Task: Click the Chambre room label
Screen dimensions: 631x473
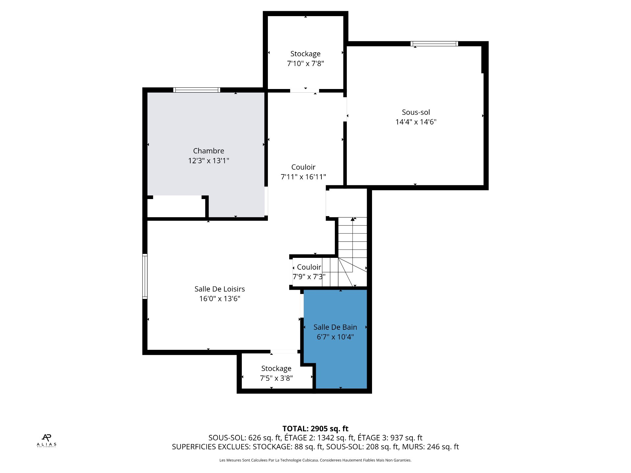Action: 208,151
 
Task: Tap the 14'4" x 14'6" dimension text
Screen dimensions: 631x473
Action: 416,122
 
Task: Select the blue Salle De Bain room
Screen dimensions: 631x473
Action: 335,338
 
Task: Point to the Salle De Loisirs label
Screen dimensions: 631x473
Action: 220,289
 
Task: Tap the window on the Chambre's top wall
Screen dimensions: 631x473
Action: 197,90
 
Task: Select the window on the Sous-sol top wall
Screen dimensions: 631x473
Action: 434,44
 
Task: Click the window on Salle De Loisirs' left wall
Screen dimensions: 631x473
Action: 145,276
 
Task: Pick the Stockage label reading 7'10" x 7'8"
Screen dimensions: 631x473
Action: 305,58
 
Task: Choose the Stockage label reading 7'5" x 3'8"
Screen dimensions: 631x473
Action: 276,373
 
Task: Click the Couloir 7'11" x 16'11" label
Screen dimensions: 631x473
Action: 303,172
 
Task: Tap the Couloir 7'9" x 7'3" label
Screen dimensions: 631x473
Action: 309,272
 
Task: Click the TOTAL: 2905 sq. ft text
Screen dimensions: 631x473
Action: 315,429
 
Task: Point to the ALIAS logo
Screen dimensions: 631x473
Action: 46,440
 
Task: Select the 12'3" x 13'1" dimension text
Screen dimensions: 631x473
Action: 208,161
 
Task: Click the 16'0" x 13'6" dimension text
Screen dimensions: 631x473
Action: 220,299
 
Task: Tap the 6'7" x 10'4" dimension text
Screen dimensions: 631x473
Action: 335,337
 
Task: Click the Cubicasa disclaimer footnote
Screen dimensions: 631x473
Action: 315,460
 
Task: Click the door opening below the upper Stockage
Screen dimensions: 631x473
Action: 304,91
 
